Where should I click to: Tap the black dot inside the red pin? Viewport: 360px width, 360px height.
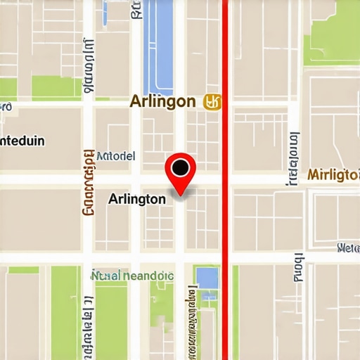click(x=181, y=167)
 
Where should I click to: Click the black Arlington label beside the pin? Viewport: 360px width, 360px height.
click(x=137, y=199)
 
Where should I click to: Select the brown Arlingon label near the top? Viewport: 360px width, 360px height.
click(x=162, y=101)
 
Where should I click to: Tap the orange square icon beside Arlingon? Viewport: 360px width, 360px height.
click(x=211, y=102)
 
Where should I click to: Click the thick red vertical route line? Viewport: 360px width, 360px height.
click(x=225, y=211)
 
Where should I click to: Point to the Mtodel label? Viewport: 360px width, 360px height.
click(x=115, y=156)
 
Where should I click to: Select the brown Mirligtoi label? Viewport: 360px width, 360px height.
click(x=334, y=174)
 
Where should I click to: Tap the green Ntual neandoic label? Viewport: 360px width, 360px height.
click(x=132, y=276)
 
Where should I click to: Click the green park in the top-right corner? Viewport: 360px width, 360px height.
click(x=332, y=32)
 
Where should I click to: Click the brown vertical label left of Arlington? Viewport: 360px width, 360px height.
click(x=89, y=181)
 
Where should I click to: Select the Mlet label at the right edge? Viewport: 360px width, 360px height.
click(x=348, y=247)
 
